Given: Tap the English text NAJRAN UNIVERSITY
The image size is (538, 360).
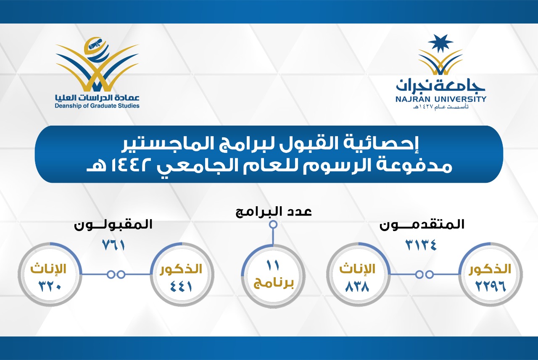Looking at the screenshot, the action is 441,99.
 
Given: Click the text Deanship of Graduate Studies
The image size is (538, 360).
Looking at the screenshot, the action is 97,106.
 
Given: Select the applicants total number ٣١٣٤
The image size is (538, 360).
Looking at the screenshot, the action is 421,245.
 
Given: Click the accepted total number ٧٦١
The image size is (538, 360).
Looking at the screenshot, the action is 113,245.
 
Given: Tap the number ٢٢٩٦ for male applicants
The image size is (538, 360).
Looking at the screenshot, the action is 491,286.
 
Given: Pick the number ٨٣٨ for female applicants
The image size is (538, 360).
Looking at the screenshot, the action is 357,286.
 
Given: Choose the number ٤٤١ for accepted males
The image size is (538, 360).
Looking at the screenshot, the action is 181,286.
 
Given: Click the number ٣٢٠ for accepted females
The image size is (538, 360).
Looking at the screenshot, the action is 50,286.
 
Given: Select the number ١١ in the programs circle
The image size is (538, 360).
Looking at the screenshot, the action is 273,265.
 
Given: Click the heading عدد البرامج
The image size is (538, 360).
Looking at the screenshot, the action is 274,212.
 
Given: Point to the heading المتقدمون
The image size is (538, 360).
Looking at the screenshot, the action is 422,225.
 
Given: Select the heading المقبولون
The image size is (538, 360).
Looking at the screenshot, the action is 113,225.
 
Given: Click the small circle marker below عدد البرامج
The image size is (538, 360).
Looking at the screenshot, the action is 273,225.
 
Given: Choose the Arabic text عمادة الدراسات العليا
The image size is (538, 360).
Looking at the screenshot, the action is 97,98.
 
